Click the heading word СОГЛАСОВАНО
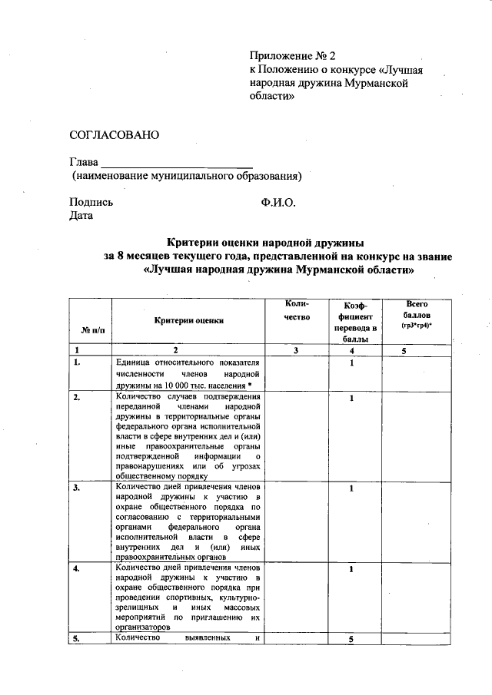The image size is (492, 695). [114, 135]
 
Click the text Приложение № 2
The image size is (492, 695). [294, 57]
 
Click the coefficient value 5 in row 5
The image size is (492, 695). [351, 640]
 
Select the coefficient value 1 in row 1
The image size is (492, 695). [351, 362]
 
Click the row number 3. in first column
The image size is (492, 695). [76, 488]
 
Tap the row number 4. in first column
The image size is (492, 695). [76, 569]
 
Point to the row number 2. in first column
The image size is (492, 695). [76, 397]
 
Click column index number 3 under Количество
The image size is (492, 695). [296, 350]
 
